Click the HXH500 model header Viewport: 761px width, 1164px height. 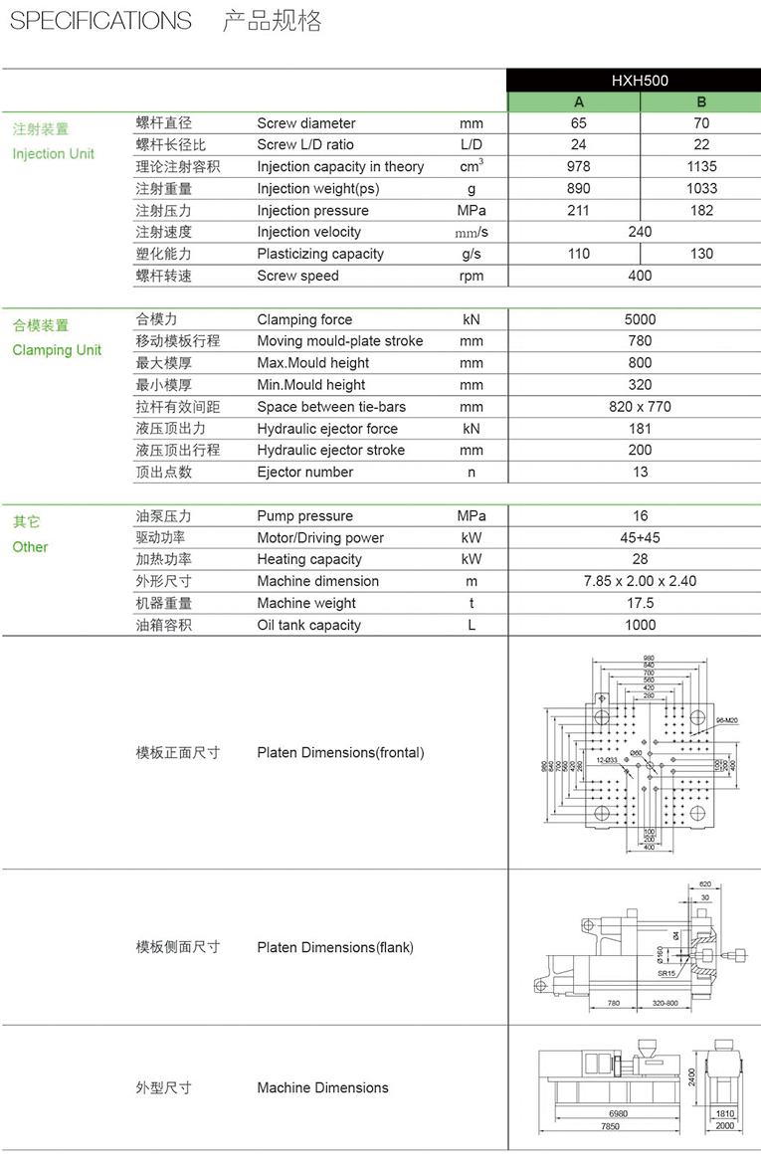(x=640, y=81)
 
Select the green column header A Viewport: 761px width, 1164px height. (x=579, y=101)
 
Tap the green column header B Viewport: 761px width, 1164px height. (x=701, y=101)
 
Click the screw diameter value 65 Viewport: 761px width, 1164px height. (x=579, y=123)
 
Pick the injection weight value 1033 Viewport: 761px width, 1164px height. (x=701, y=188)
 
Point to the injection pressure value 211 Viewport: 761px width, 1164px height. (x=579, y=210)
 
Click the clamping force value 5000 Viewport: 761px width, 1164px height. (x=640, y=319)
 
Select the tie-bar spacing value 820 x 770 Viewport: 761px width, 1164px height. (x=640, y=407)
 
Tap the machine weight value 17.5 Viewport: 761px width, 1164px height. (x=640, y=603)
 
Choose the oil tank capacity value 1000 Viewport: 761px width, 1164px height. (x=640, y=625)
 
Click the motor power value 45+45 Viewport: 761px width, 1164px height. (x=640, y=537)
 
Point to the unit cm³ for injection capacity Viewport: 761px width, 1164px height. (x=472, y=165)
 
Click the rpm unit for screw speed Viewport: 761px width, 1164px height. (x=472, y=276)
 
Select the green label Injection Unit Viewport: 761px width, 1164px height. (x=54, y=153)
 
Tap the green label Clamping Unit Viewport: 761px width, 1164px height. (x=57, y=350)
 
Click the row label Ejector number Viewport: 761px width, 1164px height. (x=304, y=472)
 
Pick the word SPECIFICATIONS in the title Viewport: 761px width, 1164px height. (x=100, y=21)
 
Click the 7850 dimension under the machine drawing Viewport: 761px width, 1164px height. (x=610, y=1126)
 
